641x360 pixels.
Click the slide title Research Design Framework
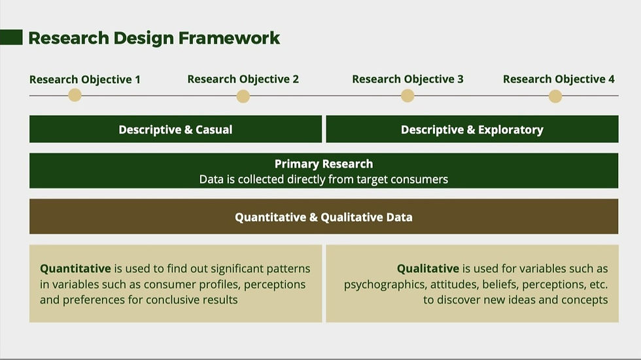pyautogui.click(x=154, y=38)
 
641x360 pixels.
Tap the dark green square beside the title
pyautogui.click(x=11, y=37)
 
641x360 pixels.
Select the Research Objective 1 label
pyautogui.click(x=84, y=79)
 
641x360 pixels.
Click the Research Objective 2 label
pyautogui.click(x=243, y=79)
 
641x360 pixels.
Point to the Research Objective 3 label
pyautogui.click(x=407, y=79)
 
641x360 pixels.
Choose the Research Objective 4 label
pyautogui.click(x=559, y=79)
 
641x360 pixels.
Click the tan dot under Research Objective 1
pyautogui.click(x=75, y=96)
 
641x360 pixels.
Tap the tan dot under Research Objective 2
pyautogui.click(x=243, y=97)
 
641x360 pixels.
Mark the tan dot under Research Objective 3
pyautogui.click(x=407, y=96)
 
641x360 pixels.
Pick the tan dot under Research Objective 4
pyautogui.click(x=555, y=97)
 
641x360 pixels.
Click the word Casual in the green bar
pyautogui.click(x=214, y=130)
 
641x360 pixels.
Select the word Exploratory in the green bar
pyautogui.click(x=511, y=130)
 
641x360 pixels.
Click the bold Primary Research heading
pyautogui.click(x=324, y=164)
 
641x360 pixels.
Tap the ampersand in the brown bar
pyautogui.click(x=313, y=217)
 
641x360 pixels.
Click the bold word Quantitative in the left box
pyautogui.click(x=76, y=268)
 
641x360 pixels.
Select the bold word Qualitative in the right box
pyautogui.click(x=428, y=268)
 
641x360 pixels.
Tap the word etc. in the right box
pyautogui.click(x=598, y=284)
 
